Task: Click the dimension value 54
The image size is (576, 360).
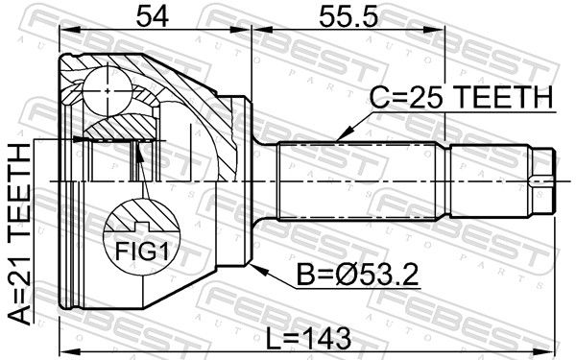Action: point(152,17)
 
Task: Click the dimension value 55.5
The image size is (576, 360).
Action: point(348,17)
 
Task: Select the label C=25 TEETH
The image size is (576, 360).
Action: point(461,97)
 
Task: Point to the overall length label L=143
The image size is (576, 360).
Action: point(308,339)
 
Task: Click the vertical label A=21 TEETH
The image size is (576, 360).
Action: point(19,234)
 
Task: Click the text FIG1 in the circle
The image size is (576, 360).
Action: point(142,252)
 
